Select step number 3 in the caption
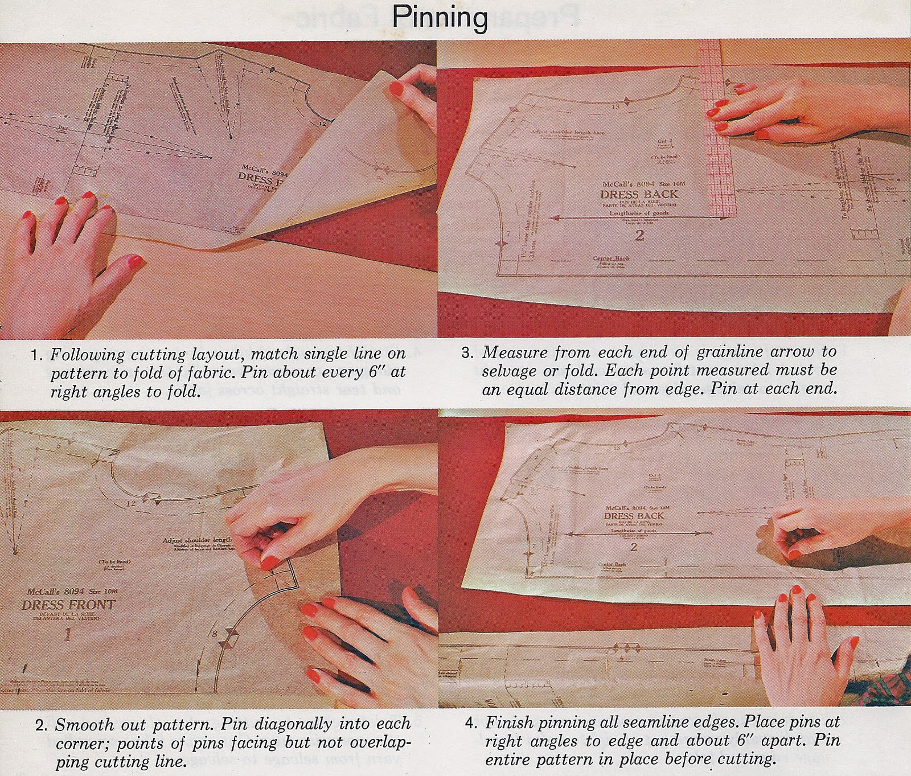click(467, 352)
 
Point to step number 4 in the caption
click(471, 723)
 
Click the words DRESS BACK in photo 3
click(639, 194)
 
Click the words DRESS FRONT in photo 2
click(68, 605)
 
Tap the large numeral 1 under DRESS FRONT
click(67, 634)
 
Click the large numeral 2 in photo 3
click(639, 235)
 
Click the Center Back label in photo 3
click(612, 258)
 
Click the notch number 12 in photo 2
click(131, 503)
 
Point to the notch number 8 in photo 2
click(215, 633)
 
